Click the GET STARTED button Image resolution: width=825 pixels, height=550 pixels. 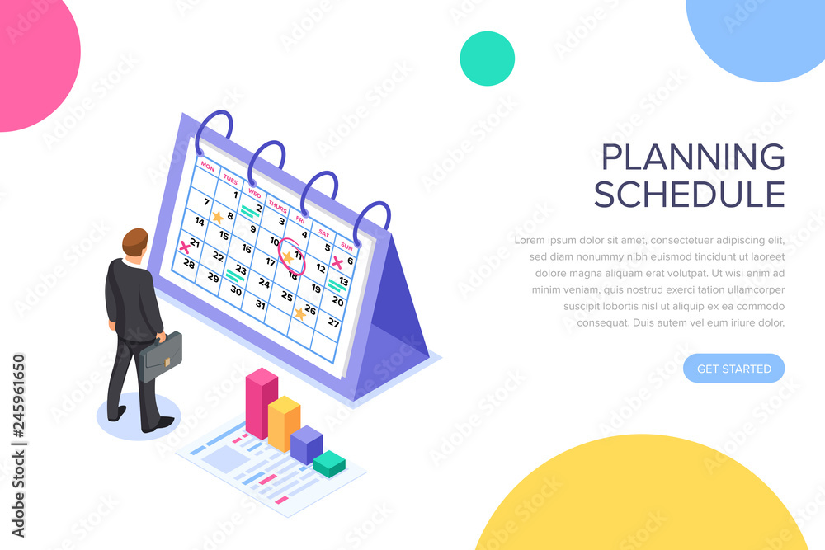pyautogui.click(x=733, y=369)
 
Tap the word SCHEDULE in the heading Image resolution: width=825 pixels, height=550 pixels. pyautogui.click(x=689, y=195)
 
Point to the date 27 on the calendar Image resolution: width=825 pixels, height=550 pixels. pyautogui.click(x=333, y=322)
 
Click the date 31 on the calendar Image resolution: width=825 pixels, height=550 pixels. pyautogui.click(x=262, y=303)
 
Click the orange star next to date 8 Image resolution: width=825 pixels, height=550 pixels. pyautogui.click(x=217, y=217)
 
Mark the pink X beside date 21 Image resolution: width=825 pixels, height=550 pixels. pyautogui.click(x=185, y=247)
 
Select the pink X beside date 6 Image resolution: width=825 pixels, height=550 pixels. pyautogui.click(x=337, y=263)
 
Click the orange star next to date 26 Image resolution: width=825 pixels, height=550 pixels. pyautogui.click(x=299, y=313)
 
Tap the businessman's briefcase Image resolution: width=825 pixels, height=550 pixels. pyautogui.click(x=161, y=356)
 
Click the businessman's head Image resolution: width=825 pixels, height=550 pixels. pyautogui.click(x=135, y=244)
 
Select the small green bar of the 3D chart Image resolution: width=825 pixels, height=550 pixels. pyautogui.click(x=329, y=463)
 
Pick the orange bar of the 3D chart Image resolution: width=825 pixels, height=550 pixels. pyautogui.click(x=285, y=423)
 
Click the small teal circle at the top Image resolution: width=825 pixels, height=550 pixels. pyautogui.click(x=487, y=59)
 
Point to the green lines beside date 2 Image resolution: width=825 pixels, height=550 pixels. pyautogui.click(x=247, y=212)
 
